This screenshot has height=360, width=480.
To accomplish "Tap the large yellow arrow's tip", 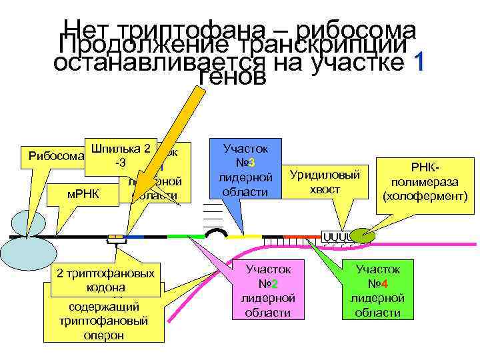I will click(x=125, y=227).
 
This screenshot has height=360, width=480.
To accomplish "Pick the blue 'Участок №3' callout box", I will click(x=244, y=169).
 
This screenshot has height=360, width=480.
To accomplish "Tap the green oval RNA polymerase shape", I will click(x=363, y=235).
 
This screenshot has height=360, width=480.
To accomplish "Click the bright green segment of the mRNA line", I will click(x=186, y=236).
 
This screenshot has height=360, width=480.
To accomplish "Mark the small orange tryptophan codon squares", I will click(x=116, y=236).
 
